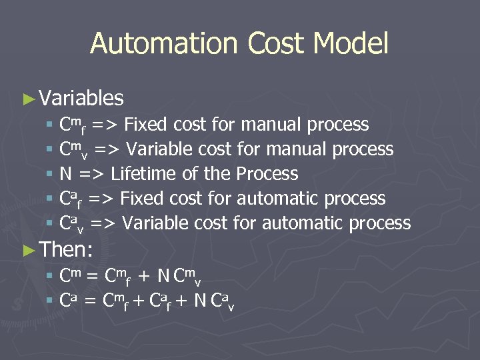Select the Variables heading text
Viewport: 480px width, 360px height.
81,99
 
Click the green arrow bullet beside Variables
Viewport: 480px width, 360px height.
28,99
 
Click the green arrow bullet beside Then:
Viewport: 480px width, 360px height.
28,250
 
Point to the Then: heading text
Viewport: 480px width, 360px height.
66,250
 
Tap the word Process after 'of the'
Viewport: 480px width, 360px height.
267,174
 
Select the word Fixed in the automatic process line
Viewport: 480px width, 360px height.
145,199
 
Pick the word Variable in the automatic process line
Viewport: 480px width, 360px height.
156,223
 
